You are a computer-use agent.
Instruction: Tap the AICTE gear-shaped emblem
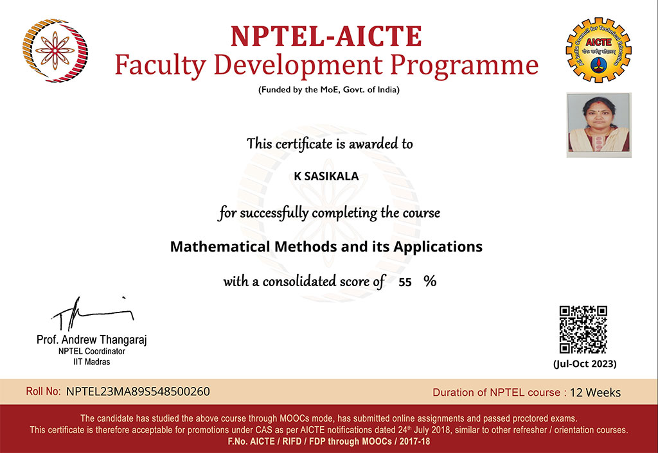tap(598, 50)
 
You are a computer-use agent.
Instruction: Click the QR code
tap(583, 329)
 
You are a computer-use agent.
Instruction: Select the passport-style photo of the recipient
tap(599, 124)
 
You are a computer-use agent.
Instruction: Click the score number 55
tap(405, 282)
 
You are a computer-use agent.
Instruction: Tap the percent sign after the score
tap(430, 281)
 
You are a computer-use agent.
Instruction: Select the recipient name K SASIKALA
tap(326, 176)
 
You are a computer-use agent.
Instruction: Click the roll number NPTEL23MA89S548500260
tap(138, 391)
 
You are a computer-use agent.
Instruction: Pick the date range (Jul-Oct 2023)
tap(585, 364)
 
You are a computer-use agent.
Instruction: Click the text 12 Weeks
tap(595, 393)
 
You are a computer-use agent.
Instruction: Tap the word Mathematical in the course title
tap(220, 246)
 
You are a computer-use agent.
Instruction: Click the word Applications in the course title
tap(438, 247)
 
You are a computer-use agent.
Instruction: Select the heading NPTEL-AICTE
tap(326, 36)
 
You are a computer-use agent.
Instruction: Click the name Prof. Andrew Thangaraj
tap(91, 339)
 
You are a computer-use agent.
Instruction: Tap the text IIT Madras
tap(91, 362)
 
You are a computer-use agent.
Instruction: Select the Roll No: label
tap(43, 391)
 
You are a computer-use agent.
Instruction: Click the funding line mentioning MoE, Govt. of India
tap(329, 90)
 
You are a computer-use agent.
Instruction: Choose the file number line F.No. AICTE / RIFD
tap(329, 441)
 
